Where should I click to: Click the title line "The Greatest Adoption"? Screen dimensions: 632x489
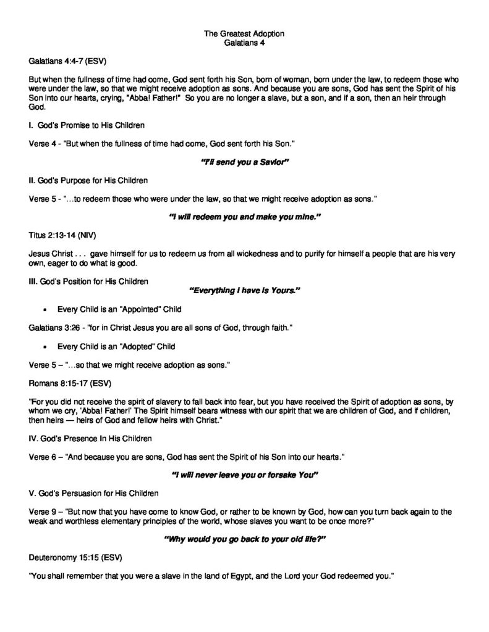244,33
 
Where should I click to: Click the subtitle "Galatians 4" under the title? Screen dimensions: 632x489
244,42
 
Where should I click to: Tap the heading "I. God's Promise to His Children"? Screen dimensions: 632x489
87,126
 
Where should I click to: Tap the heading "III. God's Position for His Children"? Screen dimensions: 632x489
89,282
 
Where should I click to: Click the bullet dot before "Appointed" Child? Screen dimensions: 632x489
46,309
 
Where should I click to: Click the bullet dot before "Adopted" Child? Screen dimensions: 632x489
46,346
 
